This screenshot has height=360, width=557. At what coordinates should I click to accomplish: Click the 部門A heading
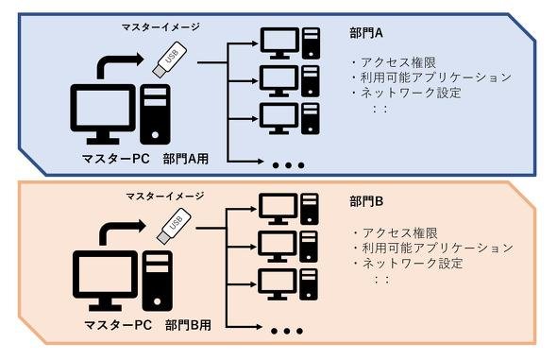point(366,33)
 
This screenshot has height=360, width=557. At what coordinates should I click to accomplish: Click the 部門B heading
point(366,201)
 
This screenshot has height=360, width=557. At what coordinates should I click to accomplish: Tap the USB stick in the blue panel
point(170,60)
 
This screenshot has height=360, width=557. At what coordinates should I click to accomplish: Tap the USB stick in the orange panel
point(174,226)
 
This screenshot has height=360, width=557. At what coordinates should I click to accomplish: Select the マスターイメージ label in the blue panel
point(160,27)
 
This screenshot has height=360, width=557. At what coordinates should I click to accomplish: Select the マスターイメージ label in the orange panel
point(165,196)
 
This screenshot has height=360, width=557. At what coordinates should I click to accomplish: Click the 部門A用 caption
point(186,159)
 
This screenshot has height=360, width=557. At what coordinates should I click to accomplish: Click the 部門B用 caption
point(188,325)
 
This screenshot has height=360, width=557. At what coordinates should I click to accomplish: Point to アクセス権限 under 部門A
point(398,62)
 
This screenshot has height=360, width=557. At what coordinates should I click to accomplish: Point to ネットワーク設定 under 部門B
point(413,264)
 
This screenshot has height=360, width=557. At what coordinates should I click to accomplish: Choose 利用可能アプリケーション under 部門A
point(436,77)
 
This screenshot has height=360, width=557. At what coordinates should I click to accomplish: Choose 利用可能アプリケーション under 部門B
point(438,248)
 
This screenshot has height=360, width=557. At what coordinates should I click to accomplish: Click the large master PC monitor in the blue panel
point(103,113)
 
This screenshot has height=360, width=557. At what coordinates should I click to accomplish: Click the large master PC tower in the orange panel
point(158,281)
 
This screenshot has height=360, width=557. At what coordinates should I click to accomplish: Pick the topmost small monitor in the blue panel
point(280,43)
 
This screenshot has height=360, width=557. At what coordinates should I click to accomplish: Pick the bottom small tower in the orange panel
point(309,284)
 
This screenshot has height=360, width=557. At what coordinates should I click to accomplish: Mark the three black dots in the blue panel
point(289,165)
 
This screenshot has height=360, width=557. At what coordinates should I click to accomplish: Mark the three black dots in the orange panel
point(287,332)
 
